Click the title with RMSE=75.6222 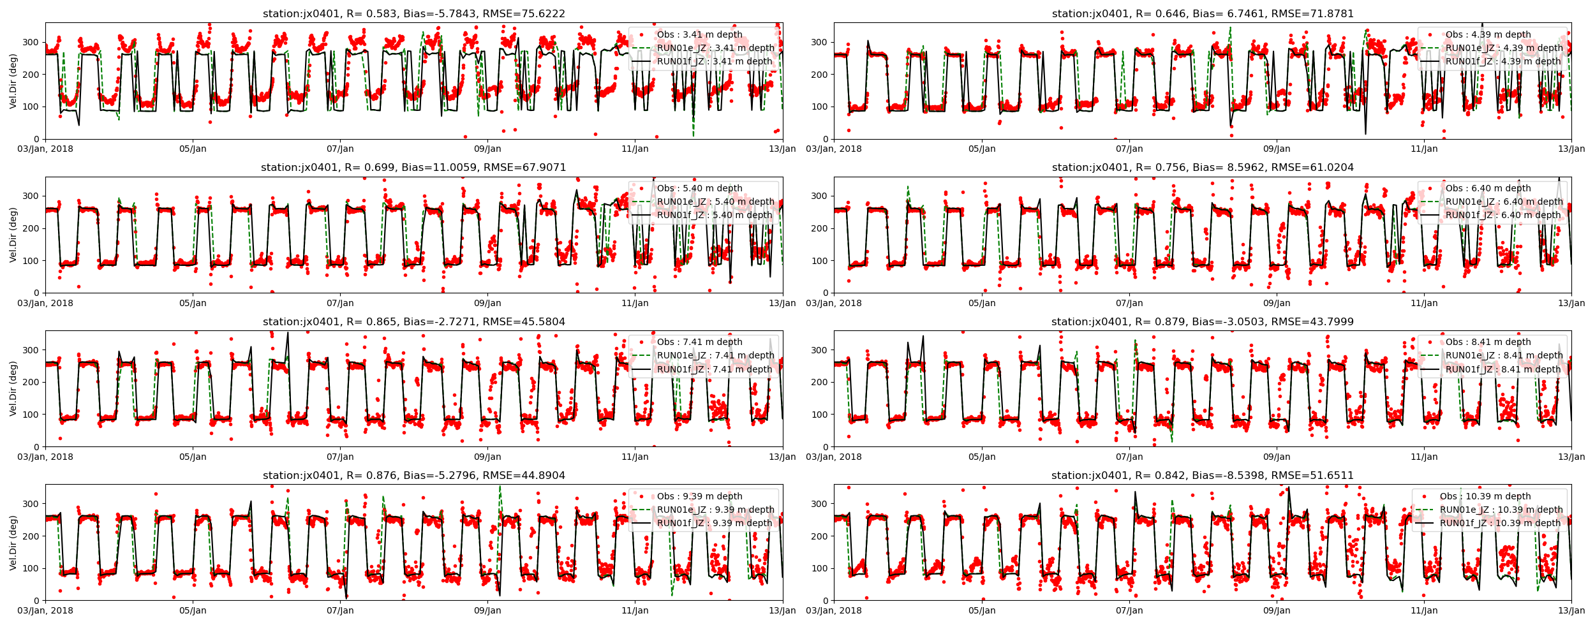point(413,13)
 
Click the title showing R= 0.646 point(1202,13)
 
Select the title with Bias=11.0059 point(413,168)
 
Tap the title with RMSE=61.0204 point(1202,168)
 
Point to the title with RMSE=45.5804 point(413,321)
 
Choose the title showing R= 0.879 point(1202,321)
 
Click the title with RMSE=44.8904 point(413,475)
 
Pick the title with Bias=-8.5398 point(1202,475)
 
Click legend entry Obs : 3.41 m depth point(699,34)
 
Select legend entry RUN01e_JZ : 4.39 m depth point(1504,48)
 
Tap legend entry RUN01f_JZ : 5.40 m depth point(715,215)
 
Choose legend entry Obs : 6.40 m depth point(1488,188)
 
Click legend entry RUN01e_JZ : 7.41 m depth point(715,355)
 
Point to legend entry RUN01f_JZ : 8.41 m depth point(1503,369)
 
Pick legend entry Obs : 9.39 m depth point(699,496)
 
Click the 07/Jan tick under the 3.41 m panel point(340,149)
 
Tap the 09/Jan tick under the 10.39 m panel point(1276,610)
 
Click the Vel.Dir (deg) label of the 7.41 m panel point(13,388)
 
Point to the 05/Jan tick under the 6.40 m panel point(981,303)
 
